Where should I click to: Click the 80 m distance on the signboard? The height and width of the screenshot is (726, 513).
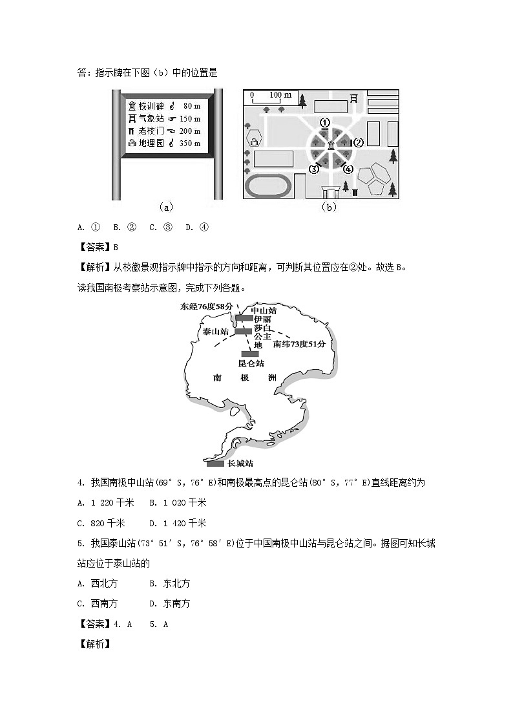(192, 105)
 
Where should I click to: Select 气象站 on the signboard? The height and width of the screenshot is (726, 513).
(151, 118)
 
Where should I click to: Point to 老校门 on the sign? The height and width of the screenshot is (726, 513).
(151, 131)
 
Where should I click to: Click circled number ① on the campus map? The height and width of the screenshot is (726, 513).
(325, 122)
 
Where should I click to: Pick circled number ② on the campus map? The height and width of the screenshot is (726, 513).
(357, 142)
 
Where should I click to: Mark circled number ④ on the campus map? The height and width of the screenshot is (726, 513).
(348, 169)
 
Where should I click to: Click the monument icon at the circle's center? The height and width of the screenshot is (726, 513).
(331, 145)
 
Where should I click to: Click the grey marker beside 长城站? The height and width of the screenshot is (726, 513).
(215, 464)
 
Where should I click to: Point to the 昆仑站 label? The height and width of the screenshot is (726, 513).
(251, 363)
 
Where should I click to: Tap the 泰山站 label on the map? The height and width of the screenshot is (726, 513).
(216, 331)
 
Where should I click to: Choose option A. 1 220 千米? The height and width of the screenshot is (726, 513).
(105, 502)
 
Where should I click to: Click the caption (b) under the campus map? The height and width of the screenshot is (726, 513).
(329, 208)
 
